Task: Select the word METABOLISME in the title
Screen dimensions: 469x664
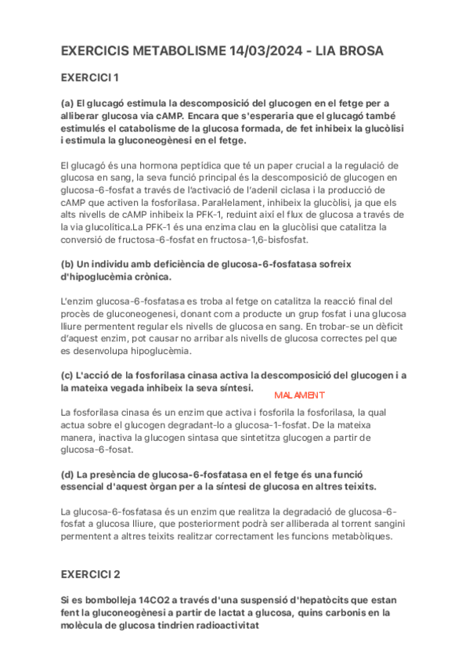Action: click(x=179, y=52)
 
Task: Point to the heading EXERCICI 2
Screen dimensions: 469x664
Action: click(x=91, y=574)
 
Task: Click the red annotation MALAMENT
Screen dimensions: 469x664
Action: click(x=299, y=395)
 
